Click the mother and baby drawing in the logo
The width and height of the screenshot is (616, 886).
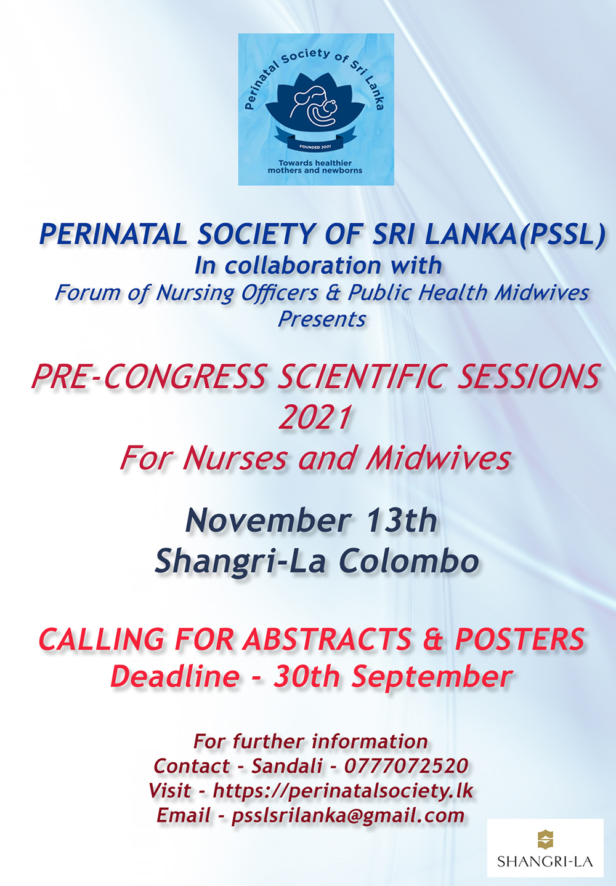[315, 106]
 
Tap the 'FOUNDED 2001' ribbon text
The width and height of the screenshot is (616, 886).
[315, 146]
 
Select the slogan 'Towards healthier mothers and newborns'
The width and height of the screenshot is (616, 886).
[315, 167]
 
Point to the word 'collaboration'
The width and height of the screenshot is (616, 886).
[304, 265]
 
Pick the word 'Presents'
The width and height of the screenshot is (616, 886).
[322, 319]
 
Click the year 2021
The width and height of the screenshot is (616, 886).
[315, 417]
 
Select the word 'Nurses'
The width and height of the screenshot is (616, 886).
[234, 459]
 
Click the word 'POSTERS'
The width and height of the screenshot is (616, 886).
[519, 639]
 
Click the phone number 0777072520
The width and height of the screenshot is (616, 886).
[406, 766]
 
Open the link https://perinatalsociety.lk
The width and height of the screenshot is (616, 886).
[343, 791]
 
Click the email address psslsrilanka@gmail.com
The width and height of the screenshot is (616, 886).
[347, 816]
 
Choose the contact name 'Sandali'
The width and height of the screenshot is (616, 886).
[286, 766]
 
